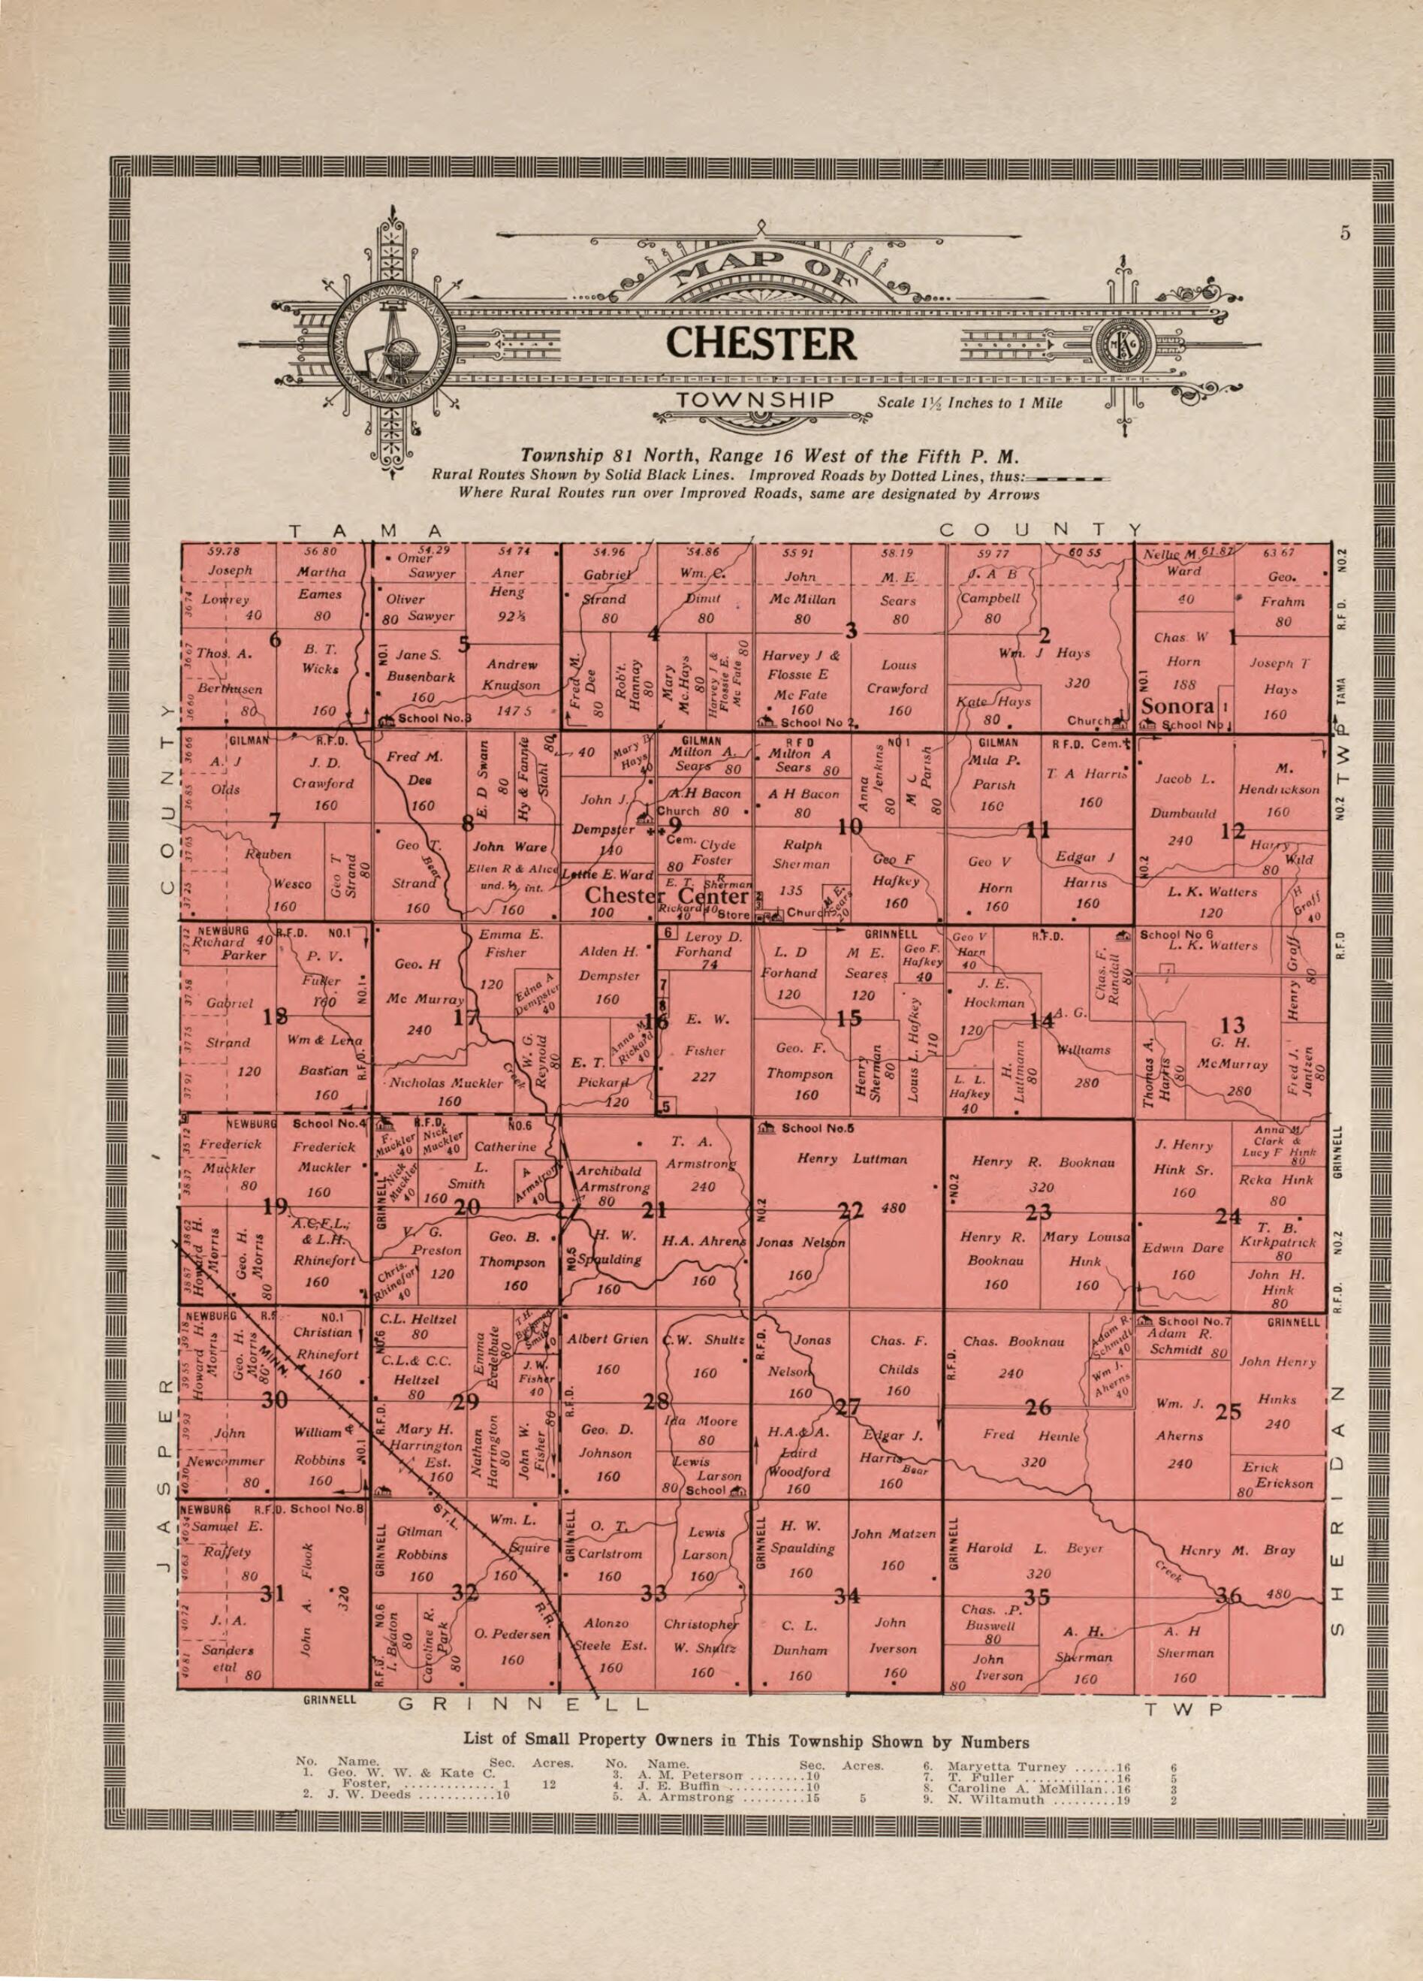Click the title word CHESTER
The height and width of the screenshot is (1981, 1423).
pyautogui.click(x=761, y=344)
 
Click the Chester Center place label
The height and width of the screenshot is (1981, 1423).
pyautogui.click(x=667, y=897)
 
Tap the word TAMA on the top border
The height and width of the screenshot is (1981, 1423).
pyautogui.click(x=366, y=530)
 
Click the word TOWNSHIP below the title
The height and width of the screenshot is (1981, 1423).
pyautogui.click(x=756, y=401)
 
